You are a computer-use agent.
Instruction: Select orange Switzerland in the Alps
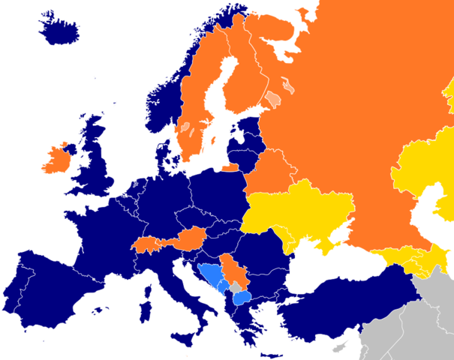(x=148, y=244)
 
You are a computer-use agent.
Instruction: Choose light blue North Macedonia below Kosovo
(x=242, y=298)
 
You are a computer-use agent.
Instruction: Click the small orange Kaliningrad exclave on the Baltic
(x=230, y=167)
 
